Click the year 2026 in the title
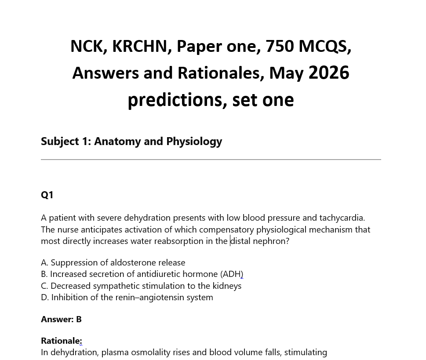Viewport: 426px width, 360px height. click(329, 73)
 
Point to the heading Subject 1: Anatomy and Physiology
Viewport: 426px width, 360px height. click(131, 141)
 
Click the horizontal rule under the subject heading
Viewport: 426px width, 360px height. click(211, 160)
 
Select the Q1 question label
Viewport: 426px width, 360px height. click(47, 195)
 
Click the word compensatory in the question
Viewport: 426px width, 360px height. click(226, 229)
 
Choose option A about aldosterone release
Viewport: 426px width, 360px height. click(113, 262)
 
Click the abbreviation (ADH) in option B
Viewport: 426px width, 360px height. click(232, 274)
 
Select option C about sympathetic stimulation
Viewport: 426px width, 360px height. click(141, 286)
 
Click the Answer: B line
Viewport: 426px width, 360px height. click(61, 319)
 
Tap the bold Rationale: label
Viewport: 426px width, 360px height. click(61, 341)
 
